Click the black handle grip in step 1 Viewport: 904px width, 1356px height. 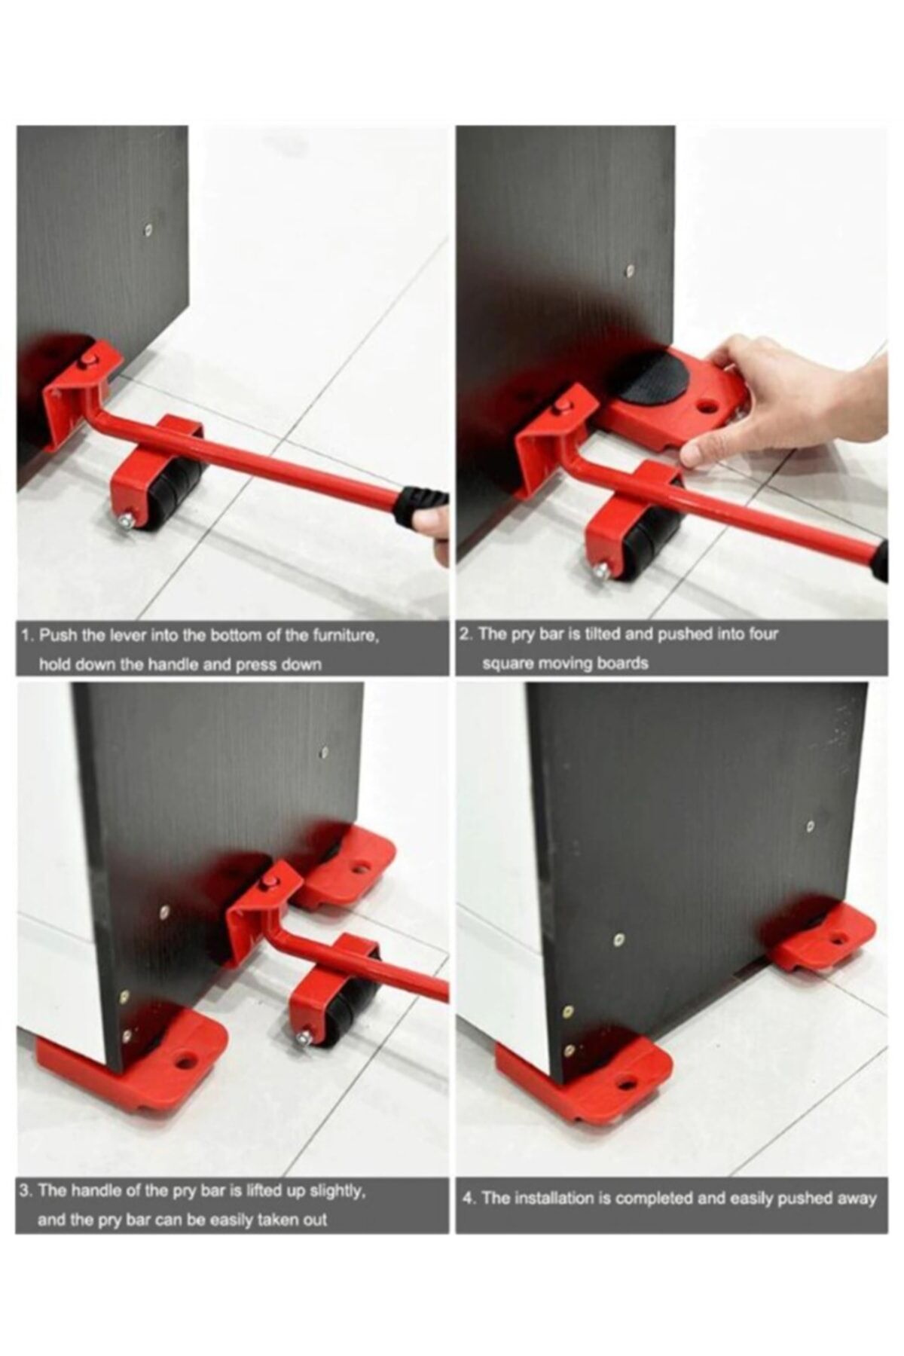tap(418, 505)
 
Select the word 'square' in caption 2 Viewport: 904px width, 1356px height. tap(508, 664)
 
